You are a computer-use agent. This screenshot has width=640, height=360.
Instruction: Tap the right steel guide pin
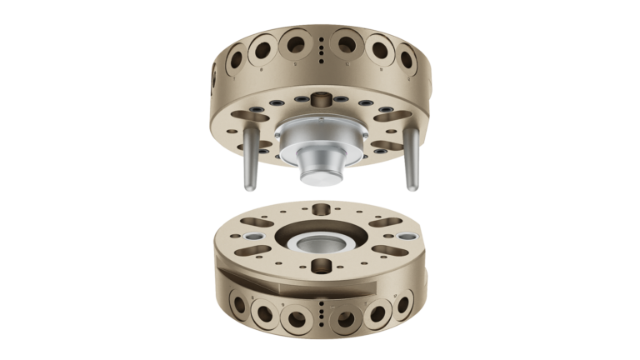pyautogui.click(x=410, y=163)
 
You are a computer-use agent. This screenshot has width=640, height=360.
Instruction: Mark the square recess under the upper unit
pyautogui.click(x=320, y=99)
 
